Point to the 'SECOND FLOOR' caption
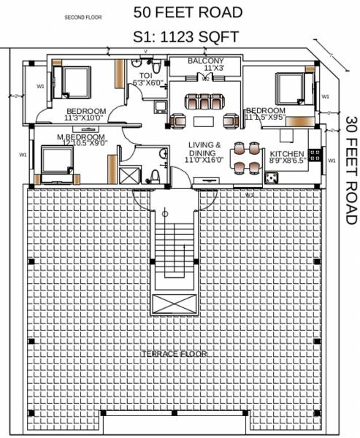click(x=83, y=16)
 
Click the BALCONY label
click(x=206, y=60)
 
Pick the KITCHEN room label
click(x=286, y=154)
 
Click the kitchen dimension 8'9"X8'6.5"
click(x=287, y=161)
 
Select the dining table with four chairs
click(x=245, y=157)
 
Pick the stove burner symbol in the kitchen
click(x=316, y=155)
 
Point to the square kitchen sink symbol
click(x=271, y=177)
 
